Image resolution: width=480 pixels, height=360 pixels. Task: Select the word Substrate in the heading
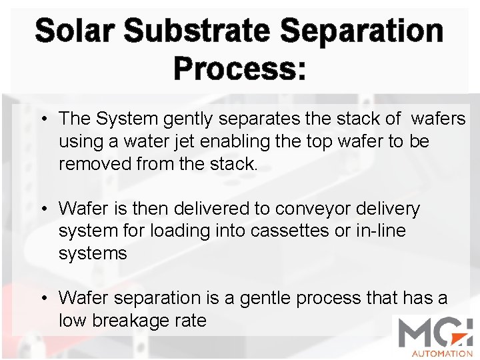click(x=197, y=31)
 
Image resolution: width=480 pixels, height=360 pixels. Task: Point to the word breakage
click(x=131, y=320)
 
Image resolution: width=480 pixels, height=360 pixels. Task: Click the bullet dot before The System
click(x=43, y=120)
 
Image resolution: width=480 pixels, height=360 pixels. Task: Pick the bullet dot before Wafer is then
click(x=43, y=209)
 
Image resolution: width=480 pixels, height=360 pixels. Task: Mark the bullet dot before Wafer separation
click(x=43, y=298)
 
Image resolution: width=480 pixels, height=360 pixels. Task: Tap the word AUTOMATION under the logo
click(x=441, y=353)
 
